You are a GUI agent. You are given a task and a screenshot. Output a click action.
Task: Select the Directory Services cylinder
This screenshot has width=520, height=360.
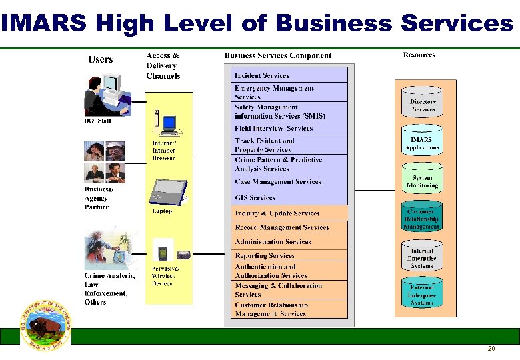(x=423, y=104)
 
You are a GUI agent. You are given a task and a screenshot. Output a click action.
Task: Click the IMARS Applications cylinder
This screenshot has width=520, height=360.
(x=422, y=142)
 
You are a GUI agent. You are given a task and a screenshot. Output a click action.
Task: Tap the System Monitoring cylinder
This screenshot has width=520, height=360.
(x=422, y=180)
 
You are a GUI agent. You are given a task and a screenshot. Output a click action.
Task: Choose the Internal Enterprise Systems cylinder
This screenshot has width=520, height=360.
(x=422, y=257)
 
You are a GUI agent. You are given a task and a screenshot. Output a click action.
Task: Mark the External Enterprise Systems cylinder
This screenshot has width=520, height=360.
(x=422, y=294)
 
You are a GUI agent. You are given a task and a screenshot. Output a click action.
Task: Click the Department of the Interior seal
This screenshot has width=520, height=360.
(x=47, y=325)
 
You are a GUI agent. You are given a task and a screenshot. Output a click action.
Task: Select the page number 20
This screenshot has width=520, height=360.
(x=491, y=349)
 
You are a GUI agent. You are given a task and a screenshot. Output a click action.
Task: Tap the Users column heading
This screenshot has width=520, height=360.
(x=101, y=60)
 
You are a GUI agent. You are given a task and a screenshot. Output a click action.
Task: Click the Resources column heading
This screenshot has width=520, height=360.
(x=419, y=55)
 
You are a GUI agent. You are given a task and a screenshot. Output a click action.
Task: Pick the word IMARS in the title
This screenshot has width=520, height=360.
(x=44, y=24)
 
